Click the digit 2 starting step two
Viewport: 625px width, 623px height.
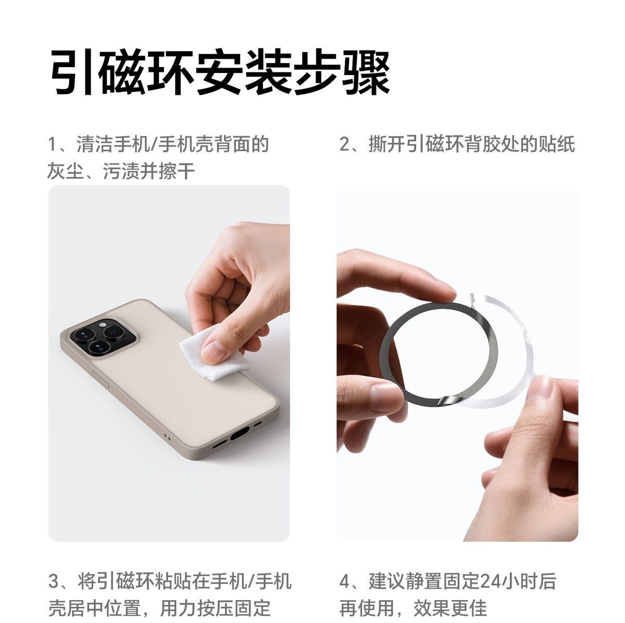click(x=345, y=144)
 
